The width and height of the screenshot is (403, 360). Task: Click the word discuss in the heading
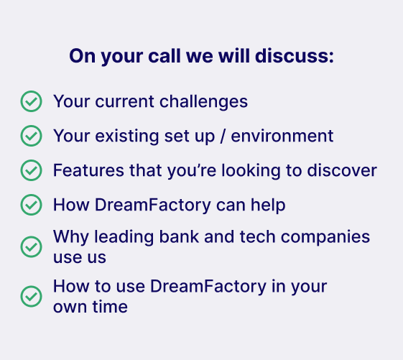click(295, 56)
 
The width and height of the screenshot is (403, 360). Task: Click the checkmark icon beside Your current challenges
click(31, 101)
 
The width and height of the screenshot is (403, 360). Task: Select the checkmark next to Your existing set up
click(31, 136)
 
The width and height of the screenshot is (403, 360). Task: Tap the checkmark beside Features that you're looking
click(31, 170)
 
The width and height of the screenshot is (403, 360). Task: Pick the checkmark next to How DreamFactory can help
click(31, 205)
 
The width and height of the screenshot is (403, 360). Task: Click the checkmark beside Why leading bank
click(31, 247)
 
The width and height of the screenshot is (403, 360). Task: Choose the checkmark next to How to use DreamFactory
click(31, 297)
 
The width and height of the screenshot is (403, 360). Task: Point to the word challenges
click(203, 102)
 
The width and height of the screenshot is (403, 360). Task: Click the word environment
click(282, 136)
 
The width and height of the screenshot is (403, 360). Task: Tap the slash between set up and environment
click(223, 136)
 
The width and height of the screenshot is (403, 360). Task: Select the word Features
click(88, 170)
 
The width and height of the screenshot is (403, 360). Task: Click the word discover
click(342, 170)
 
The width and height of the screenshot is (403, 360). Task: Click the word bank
click(179, 236)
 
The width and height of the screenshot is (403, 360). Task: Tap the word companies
click(325, 237)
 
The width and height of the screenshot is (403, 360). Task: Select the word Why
click(71, 237)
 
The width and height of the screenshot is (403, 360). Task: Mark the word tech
click(257, 236)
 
